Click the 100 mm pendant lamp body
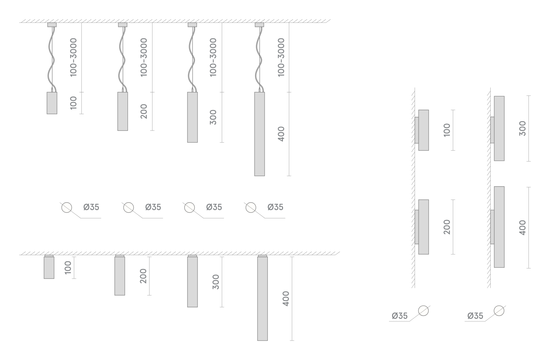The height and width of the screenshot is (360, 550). coord(52,103)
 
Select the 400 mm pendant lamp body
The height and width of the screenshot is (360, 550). coord(260,134)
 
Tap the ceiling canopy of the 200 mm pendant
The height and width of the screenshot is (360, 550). coord(123,25)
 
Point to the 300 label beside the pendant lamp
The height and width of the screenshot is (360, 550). coord(213,117)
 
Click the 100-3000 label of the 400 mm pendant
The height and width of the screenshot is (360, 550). coord(281,57)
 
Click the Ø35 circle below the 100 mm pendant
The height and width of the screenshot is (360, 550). coord(67,207)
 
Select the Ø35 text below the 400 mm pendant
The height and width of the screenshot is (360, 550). coord(275,207)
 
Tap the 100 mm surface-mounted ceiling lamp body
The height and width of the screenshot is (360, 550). coord(49,268)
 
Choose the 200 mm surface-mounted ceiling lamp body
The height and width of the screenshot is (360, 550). coord(120,276)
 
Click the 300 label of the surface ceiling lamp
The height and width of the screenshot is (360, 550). coord(216,282)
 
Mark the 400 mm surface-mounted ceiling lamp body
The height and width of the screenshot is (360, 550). coord(262,299)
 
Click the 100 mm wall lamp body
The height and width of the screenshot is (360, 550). coord(424,130)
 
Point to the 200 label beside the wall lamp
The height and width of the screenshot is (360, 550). coord(447,227)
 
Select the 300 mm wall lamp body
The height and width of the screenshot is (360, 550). coord(499,128)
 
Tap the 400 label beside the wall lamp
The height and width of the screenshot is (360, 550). coord(522,228)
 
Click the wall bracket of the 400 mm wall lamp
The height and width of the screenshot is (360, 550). coord(492,227)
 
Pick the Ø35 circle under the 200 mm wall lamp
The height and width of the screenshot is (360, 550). coord(424,310)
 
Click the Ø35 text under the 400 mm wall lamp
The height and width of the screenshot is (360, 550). coord(475,316)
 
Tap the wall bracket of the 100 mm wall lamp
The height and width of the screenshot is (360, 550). coord(417,130)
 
